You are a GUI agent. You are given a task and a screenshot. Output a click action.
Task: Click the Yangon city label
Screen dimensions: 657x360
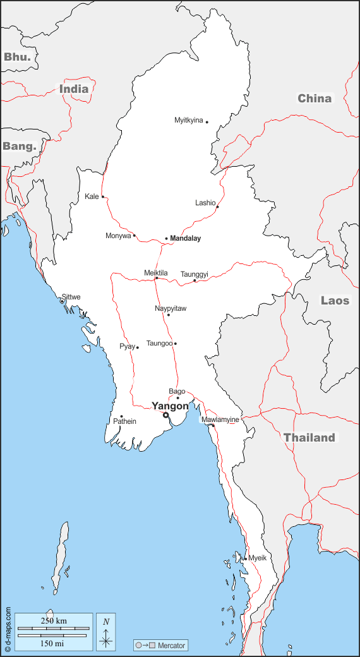point(170,406)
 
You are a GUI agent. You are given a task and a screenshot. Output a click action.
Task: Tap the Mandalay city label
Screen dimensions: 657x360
point(186,238)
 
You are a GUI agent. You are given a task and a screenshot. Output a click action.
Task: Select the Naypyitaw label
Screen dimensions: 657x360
point(171,308)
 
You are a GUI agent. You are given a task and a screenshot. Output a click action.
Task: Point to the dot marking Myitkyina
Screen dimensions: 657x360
point(207,122)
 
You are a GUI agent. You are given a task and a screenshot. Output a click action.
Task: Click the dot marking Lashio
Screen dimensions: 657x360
point(217,207)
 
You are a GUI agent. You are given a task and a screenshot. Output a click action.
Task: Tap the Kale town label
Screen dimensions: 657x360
point(92,196)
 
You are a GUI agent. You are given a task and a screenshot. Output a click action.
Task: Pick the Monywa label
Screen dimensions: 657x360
point(118,236)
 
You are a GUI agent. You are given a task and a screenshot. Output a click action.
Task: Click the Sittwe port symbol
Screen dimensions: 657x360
point(62,301)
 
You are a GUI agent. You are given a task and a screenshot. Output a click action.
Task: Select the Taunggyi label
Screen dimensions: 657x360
point(195,274)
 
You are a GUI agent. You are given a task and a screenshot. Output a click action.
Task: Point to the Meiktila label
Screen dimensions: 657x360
point(156,273)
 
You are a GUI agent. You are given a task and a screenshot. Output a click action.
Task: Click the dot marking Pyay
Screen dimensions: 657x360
point(138,347)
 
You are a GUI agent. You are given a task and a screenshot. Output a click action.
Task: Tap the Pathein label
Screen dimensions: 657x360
point(124,421)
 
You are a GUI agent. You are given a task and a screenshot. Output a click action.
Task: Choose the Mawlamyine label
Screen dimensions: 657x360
point(220,419)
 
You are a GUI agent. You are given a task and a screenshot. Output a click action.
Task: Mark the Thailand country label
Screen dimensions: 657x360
point(309,438)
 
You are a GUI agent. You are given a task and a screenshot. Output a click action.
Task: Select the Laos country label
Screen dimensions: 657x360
point(335,300)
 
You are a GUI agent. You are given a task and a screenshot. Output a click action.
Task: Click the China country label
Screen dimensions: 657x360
point(315,98)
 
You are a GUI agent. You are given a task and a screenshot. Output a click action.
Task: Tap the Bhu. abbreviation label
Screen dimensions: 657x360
point(17,57)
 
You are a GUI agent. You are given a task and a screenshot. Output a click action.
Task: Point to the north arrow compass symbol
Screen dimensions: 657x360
point(106,632)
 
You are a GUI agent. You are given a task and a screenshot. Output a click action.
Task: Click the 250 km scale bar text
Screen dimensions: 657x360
point(53,621)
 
